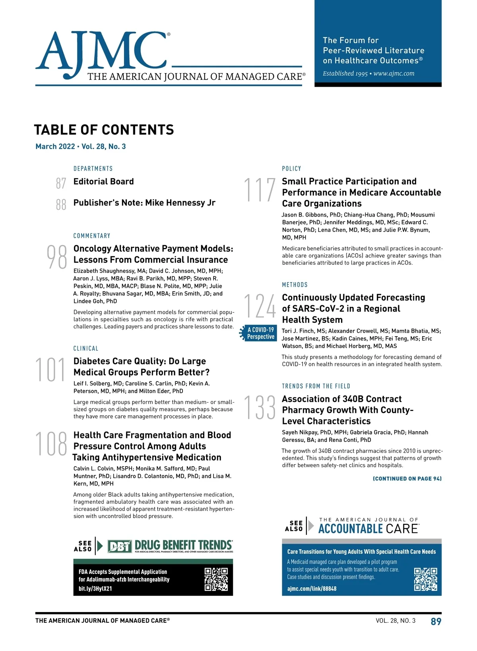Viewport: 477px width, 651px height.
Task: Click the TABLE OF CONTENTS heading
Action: click(x=104, y=130)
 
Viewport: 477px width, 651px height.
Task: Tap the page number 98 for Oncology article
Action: click(x=57, y=257)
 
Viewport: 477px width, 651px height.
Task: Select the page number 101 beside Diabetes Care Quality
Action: click(x=50, y=370)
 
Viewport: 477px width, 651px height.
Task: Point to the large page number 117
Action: click(x=259, y=190)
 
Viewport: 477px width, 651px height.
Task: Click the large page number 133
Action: click(x=259, y=407)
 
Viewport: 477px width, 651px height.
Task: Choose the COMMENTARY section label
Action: click(x=92, y=236)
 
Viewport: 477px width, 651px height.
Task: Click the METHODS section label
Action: click(x=295, y=285)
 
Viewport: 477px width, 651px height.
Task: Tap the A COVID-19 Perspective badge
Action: click(x=259, y=333)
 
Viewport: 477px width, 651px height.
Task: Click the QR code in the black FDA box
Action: click(x=216, y=579)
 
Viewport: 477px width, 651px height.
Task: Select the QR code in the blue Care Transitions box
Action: click(x=425, y=579)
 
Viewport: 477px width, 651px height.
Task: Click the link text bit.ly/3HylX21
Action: click(x=95, y=589)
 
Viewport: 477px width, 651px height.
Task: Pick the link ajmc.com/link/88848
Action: click(x=312, y=589)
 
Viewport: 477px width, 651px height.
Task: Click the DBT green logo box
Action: click(x=120, y=546)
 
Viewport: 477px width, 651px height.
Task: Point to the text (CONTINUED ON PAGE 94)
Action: click(x=407, y=479)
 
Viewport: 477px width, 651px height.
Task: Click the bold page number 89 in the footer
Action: click(x=436, y=622)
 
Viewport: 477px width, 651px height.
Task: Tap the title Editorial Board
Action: click(x=103, y=182)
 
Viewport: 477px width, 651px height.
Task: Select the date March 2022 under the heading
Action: click(x=55, y=146)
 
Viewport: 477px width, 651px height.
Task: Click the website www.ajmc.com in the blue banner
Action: click(x=394, y=74)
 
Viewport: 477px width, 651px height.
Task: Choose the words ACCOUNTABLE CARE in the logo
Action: click(x=368, y=529)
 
